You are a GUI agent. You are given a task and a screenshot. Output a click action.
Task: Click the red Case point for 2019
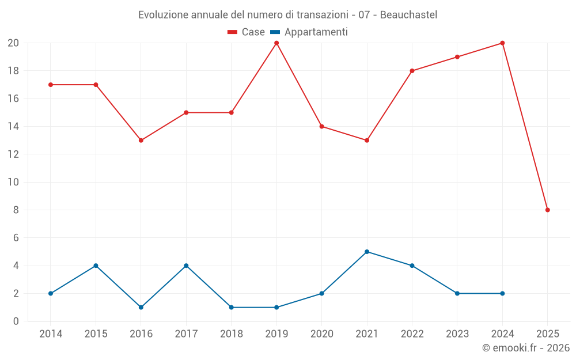click(276, 43)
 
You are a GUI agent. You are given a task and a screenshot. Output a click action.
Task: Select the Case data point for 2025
click(548, 210)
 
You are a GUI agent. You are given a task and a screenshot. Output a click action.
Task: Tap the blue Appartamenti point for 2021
click(367, 252)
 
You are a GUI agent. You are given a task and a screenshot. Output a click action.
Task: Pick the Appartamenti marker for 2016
click(141, 308)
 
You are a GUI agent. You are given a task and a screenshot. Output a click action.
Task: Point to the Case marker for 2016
click(141, 141)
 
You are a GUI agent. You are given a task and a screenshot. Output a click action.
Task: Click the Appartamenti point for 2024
click(502, 294)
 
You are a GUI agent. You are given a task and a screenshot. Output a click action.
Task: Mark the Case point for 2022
click(412, 71)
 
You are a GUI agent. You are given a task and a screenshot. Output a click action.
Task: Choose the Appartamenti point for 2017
click(186, 266)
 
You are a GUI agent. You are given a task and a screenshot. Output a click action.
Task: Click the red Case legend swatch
click(232, 32)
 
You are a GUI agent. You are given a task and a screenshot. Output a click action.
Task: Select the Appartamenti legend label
click(316, 32)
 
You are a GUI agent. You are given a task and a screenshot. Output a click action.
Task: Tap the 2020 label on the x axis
click(321, 334)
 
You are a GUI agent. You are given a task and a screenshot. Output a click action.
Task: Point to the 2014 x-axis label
click(51, 334)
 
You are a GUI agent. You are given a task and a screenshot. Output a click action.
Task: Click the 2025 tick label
click(547, 334)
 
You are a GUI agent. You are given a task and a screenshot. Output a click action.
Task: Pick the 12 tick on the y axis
click(13, 154)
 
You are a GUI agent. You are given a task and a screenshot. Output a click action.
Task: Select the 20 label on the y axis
click(13, 43)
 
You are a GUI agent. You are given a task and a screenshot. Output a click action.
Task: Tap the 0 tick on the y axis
click(16, 321)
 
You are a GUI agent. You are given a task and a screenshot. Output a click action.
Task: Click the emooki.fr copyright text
click(525, 348)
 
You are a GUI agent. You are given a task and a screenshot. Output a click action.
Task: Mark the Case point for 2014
click(51, 85)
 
